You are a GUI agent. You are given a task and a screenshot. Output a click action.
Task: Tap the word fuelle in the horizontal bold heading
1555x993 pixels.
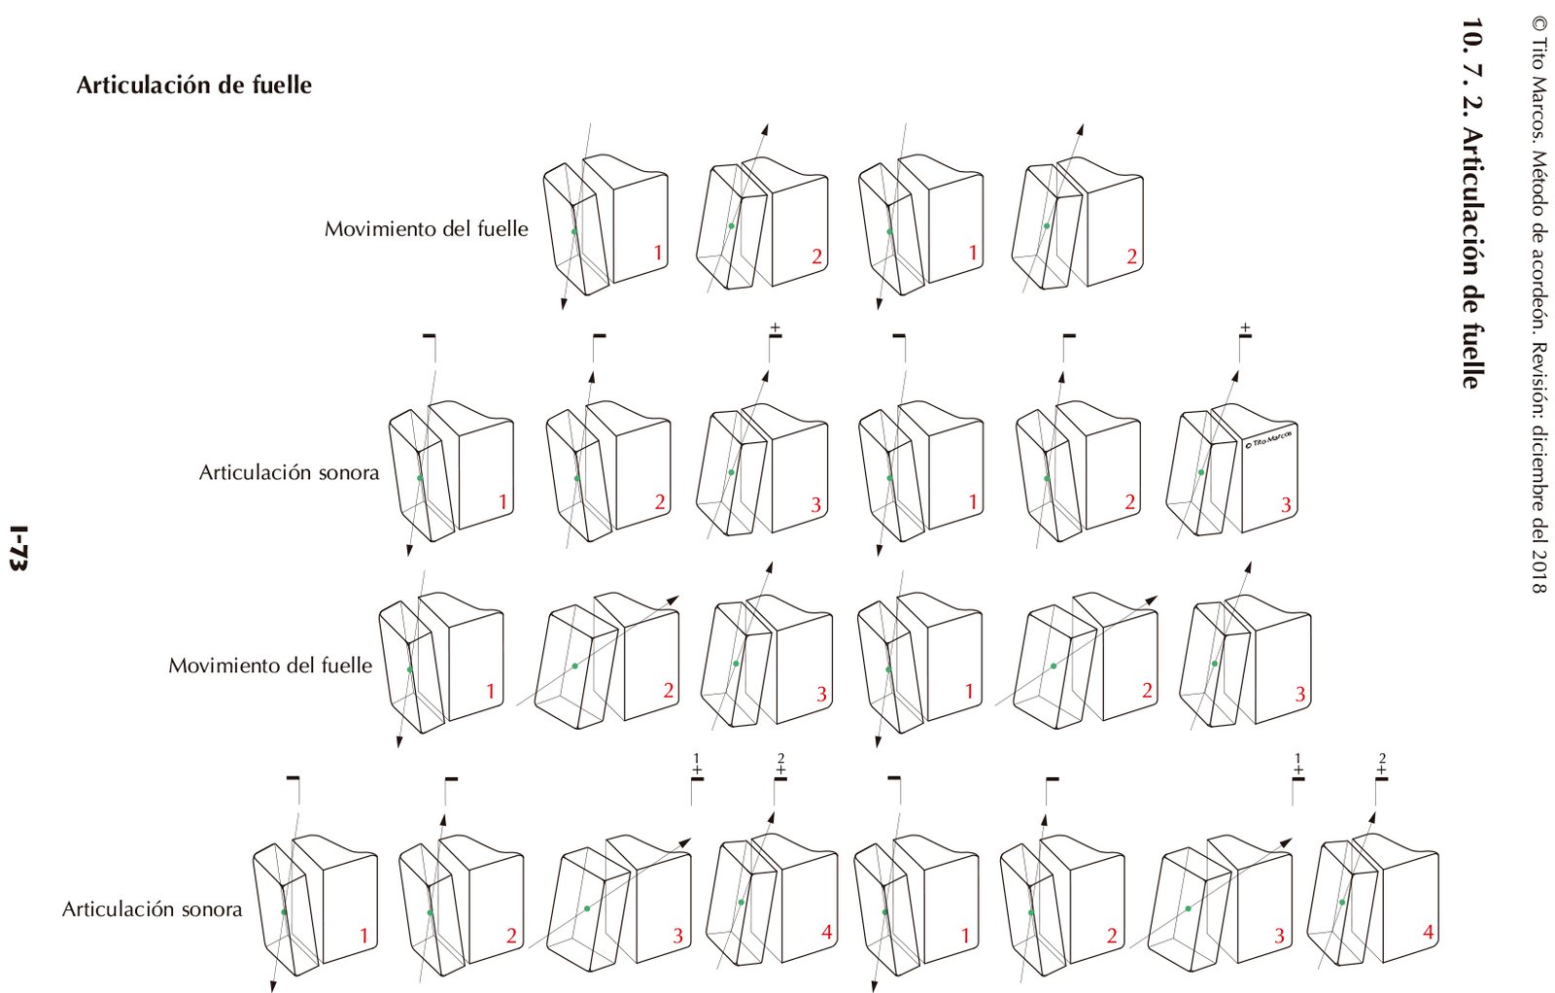pyautogui.click(x=280, y=86)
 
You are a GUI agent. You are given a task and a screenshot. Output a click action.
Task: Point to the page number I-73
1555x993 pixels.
pyautogui.click(x=17, y=549)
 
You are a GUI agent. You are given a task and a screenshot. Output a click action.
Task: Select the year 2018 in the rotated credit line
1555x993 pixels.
pyautogui.click(x=1538, y=572)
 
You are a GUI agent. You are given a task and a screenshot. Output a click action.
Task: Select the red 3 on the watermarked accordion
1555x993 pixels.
pyautogui.click(x=1286, y=505)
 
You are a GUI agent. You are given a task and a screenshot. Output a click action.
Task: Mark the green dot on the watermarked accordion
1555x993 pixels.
pyautogui.click(x=1201, y=472)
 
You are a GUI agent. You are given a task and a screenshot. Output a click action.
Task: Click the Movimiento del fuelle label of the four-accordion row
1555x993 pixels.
pyautogui.click(x=427, y=229)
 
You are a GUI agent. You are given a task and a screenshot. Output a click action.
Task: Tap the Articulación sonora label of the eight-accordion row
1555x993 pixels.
pyautogui.click(x=153, y=909)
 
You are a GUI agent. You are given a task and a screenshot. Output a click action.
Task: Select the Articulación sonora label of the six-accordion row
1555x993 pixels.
pyautogui.click(x=289, y=473)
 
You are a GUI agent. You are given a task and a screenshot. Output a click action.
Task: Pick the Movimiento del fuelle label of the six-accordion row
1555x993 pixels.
pyautogui.click(x=270, y=666)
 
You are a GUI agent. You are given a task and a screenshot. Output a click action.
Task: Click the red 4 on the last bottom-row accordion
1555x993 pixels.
pyautogui.click(x=1428, y=933)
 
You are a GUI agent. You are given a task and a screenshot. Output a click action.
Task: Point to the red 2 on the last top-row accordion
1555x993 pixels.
pyautogui.click(x=1131, y=257)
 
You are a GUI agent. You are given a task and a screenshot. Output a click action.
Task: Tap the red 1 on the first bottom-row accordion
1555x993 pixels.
pyautogui.click(x=364, y=937)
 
